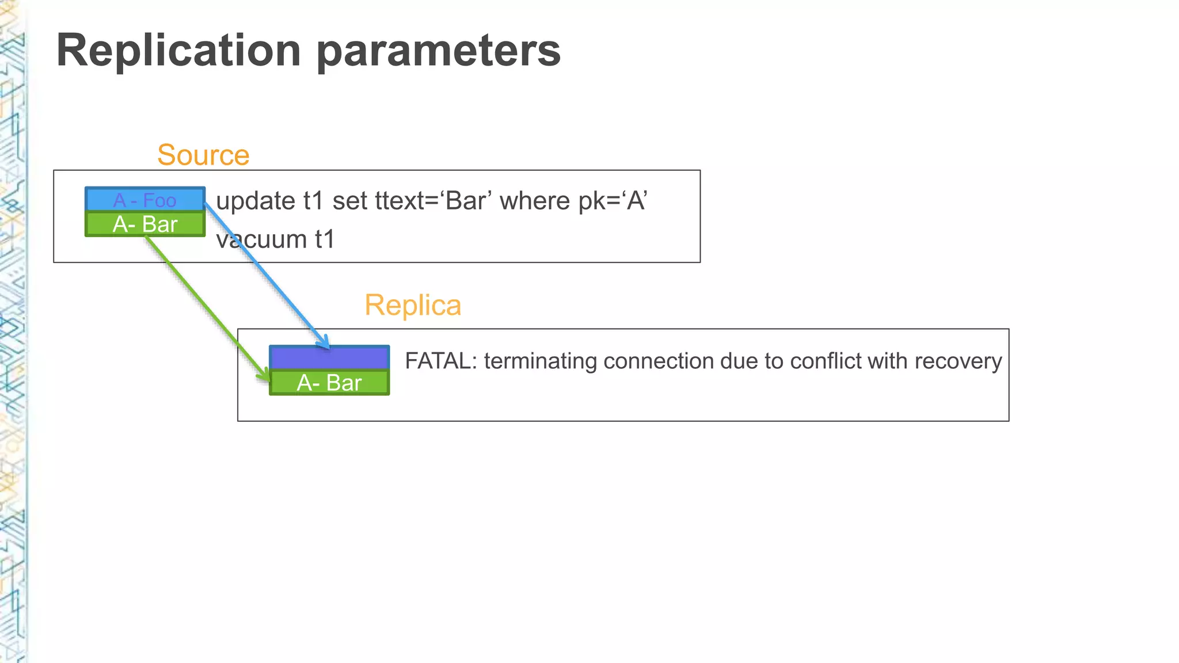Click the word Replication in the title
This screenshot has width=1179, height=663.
click(178, 51)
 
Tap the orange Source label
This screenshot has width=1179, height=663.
click(203, 155)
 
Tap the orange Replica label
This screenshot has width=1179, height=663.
click(413, 305)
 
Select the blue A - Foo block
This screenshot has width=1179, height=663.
click(144, 200)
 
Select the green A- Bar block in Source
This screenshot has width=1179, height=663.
click(144, 224)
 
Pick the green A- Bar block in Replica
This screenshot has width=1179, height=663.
click(329, 383)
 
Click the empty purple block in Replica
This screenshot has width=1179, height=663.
click(329, 358)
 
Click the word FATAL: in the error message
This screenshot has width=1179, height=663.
click(441, 361)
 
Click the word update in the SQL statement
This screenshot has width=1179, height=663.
click(256, 201)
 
